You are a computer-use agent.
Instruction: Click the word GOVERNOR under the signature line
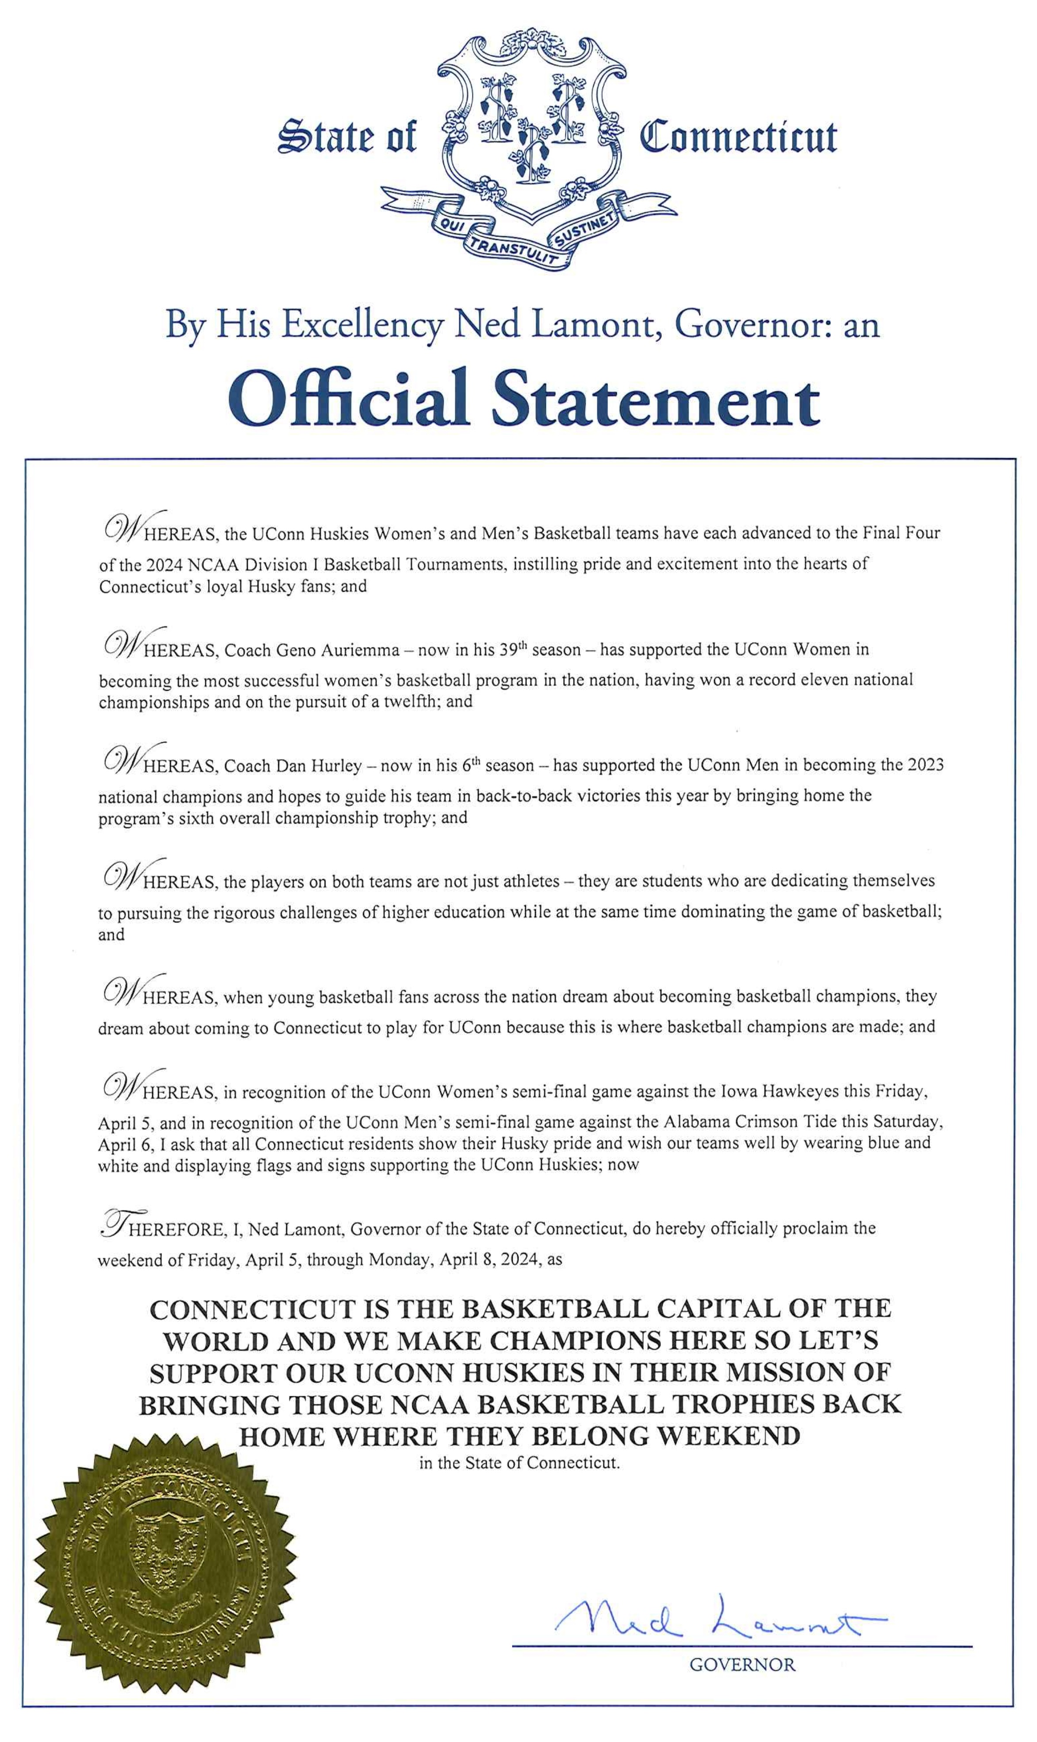tap(742, 1665)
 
